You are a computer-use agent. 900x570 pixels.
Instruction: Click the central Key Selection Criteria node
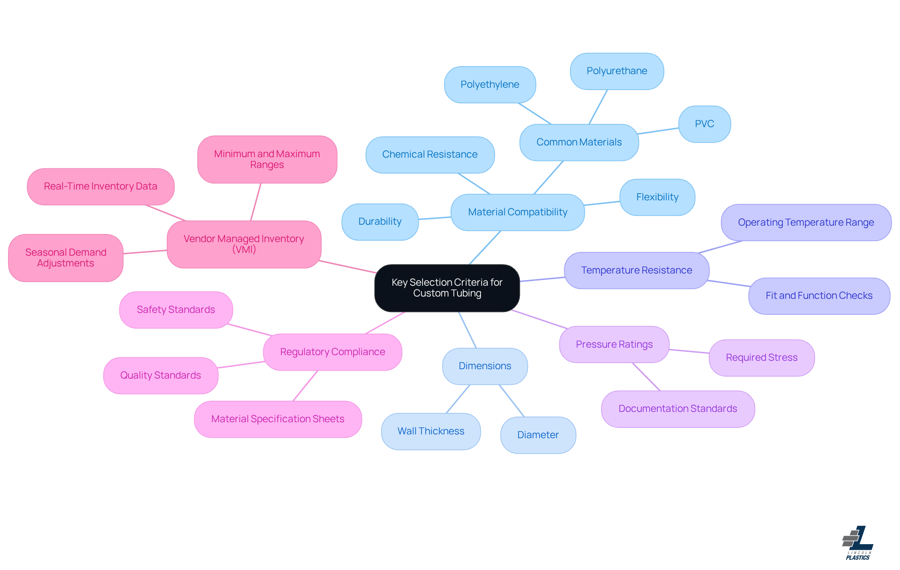pos(447,288)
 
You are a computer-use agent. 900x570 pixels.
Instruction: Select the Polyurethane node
pos(616,71)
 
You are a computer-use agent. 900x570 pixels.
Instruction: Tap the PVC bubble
pos(704,124)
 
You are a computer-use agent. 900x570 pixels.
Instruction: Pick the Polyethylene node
pos(489,85)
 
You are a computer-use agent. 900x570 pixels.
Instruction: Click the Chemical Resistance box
pos(429,155)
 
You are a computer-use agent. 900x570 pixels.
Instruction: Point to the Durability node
pos(380,222)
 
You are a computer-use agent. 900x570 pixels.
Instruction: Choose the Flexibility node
pos(657,198)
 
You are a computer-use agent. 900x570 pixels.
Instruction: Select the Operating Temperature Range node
pos(805,223)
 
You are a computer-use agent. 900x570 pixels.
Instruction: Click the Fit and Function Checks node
pos(818,296)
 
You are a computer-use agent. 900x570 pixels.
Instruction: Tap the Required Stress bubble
pos(761,358)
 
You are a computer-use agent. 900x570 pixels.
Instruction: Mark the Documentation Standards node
pos(677,409)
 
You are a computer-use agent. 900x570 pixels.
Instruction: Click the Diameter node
pos(538,435)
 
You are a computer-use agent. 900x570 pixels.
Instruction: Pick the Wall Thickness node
pos(430,432)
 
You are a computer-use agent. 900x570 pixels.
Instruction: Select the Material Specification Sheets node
pos(277,419)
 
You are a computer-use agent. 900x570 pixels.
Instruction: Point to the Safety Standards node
pos(176,310)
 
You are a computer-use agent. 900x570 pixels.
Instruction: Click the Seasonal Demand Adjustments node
pos(66,258)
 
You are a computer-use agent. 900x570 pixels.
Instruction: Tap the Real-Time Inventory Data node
pos(100,187)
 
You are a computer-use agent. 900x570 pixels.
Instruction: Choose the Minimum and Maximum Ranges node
pos(267,160)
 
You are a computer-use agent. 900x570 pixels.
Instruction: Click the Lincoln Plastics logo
pos(857,543)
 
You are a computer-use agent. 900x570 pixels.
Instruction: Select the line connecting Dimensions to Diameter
pos(511,401)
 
